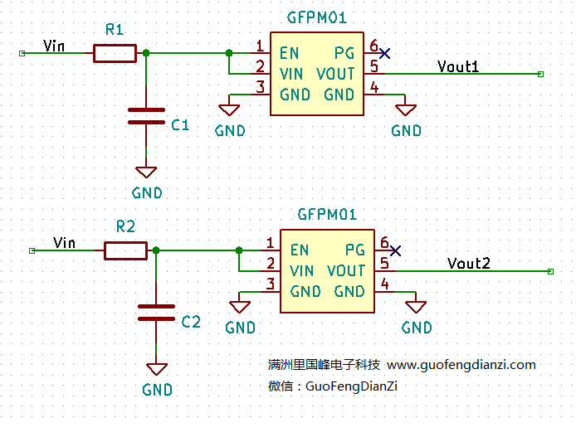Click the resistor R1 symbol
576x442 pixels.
click(x=115, y=54)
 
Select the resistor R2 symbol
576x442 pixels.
click(x=125, y=250)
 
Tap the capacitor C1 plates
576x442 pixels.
click(x=146, y=116)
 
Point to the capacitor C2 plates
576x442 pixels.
click(x=156, y=313)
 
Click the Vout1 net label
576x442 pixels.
click(x=458, y=66)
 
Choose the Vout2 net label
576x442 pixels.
click(x=469, y=264)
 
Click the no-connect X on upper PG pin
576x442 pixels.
click(x=384, y=53)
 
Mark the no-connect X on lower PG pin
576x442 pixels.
click(x=395, y=250)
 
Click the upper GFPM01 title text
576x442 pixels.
click(x=316, y=17)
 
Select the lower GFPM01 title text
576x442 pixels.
click(x=327, y=215)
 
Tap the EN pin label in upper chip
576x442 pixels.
click(x=289, y=53)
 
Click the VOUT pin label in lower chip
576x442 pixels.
click(x=346, y=271)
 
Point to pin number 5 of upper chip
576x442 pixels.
click(x=374, y=66)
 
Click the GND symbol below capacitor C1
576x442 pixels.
click(x=146, y=172)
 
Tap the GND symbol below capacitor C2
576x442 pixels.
click(x=157, y=369)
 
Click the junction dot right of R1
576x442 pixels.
click(x=146, y=53)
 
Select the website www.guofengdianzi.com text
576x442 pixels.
click(x=461, y=365)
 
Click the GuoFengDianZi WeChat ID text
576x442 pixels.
click(x=352, y=386)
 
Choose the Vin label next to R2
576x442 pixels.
click(x=64, y=242)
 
